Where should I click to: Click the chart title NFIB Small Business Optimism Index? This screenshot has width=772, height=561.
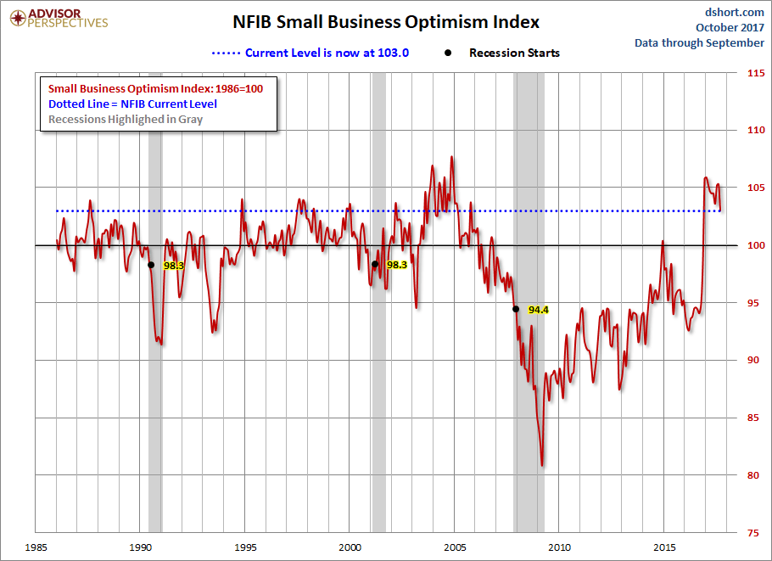[386, 22]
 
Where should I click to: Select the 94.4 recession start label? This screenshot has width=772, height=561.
[539, 310]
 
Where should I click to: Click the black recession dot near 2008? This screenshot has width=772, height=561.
[516, 309]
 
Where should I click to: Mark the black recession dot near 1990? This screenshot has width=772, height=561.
[151, 265]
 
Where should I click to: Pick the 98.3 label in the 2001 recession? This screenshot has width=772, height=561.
[397, 265]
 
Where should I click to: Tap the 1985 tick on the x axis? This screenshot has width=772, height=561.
[35, 546]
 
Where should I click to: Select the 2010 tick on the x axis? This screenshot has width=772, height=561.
[559, 546]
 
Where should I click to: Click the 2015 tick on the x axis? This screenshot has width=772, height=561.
[664, 546]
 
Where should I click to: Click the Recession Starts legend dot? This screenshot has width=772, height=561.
[448, 53]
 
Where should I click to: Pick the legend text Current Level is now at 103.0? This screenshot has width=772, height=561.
[327, 53]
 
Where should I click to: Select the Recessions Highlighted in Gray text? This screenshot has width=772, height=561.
[126, 119]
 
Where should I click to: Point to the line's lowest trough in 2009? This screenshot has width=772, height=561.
[542, 465]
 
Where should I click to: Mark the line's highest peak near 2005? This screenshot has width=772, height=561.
[451, 157]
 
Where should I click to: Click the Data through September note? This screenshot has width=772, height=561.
[699, 42]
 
